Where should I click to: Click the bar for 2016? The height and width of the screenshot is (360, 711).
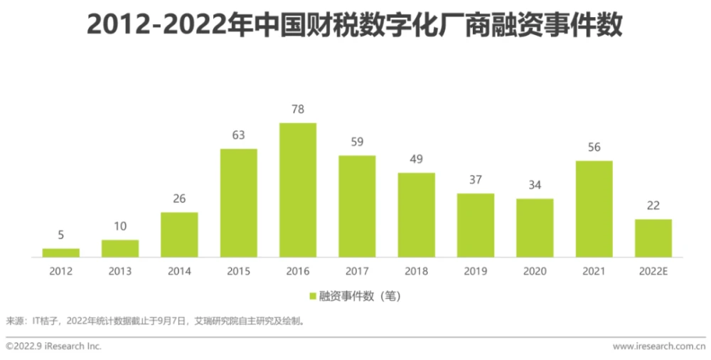[298, 190]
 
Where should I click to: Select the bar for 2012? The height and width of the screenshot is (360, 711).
[61, 253]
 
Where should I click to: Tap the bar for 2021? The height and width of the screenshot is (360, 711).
[594, 208]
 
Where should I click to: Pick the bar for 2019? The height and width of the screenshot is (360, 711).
[476, 225]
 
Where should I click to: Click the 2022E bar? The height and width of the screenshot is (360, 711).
[653, 238]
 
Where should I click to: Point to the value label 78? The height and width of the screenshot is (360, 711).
[298, 110]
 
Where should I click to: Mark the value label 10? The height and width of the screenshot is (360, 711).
[120, 227]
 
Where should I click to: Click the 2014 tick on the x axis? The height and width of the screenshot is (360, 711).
[179, 271]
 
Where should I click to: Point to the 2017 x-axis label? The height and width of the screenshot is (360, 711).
[357, 271]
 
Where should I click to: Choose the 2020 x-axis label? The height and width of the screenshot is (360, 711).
[535, 271]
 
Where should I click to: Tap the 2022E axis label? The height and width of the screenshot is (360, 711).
[653, 271]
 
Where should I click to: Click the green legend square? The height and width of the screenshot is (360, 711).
[312, 296]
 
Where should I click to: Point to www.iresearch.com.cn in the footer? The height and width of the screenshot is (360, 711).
[659, 346]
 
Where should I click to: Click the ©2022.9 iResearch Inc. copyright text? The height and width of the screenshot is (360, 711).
[53, 346]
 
